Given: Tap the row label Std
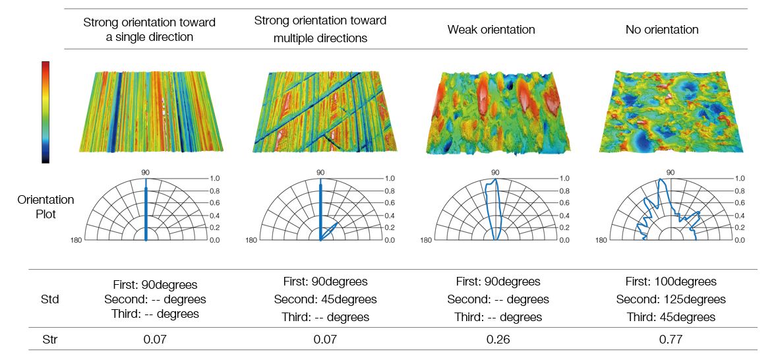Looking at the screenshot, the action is pyautogui.click(x=49, y=299).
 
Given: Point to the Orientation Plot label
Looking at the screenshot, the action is pyautogui.click(x=45, y=208).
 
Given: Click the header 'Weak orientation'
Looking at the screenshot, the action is pyautogui.click(x=491, y=30).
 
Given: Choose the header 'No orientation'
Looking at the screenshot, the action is pyautogui.click(x=662, y=30).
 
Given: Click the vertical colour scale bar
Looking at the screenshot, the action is pyautogui.click(x=45, y=112).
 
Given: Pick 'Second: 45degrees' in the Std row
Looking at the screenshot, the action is pyautogui.click(x=325, y=300).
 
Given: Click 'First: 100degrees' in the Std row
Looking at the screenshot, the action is pyautogui.click(x=671, y=282).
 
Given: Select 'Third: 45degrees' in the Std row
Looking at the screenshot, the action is pyautogui.click(x=671, y=317).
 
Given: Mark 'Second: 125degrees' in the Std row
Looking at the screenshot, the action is pyautogui.click(x=671, y=300).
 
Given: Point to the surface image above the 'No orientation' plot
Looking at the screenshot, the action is pyautogui.click(x=672, y=111).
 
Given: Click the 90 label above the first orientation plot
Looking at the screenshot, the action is pyautogui.click(x=146, y=172).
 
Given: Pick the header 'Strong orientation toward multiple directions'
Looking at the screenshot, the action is pyautogui.click(x=320, y=29).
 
